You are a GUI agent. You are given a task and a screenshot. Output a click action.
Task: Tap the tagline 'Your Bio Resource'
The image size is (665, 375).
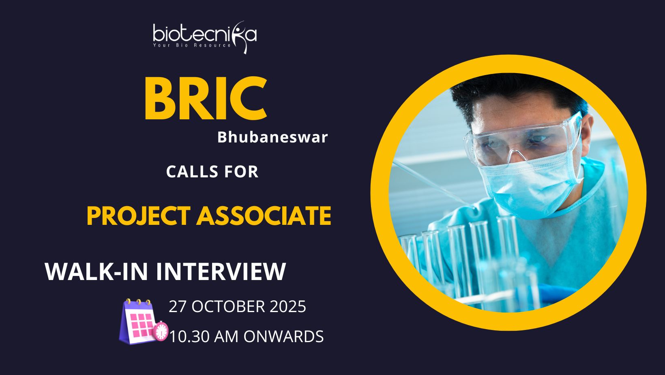point(192,45)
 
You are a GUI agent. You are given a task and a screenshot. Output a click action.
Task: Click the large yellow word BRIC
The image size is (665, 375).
point(206,98)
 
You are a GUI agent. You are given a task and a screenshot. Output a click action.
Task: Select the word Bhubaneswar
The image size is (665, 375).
point(272,137)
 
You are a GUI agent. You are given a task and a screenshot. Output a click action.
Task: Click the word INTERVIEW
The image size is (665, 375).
point(221,271)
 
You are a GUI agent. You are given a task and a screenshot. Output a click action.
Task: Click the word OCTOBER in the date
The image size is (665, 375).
point(228,306)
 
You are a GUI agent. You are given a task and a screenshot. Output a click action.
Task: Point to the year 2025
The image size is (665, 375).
point(288,306)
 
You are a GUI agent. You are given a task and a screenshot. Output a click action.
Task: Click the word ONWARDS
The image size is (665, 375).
point(283,337)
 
